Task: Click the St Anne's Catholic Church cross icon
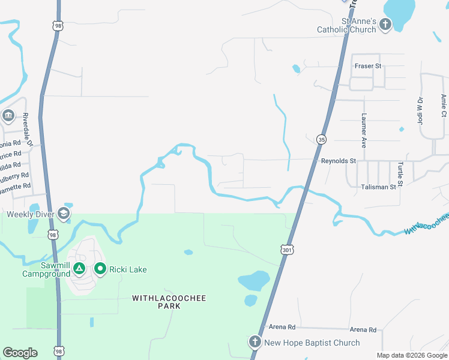tap(385, 25)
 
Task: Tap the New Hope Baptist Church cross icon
tap(255, 343)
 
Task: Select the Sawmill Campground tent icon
tap(79, 269)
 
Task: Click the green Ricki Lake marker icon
tap(100, 269)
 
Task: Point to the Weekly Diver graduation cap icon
tap(64, 214)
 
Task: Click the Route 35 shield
tap(322, 139)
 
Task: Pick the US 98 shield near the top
tap(58, 26)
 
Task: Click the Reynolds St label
tap(339, 161)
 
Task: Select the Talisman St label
tap(379, 187)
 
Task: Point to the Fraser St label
tap(368, 65)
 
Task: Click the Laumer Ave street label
tap(364, 131)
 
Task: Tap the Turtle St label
tap(400, 172)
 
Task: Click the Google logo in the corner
tap(20, 353)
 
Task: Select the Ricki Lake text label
tap(128, 270)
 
